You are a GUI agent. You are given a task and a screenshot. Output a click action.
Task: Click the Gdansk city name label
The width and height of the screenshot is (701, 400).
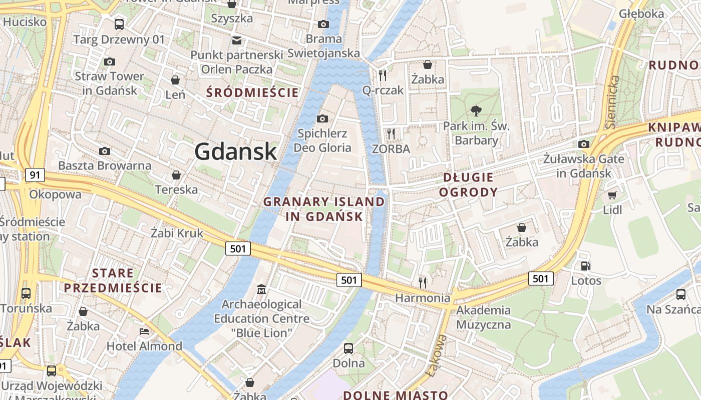coord(235,151)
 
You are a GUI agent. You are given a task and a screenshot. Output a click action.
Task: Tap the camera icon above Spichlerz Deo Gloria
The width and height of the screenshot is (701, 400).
coord(322,118)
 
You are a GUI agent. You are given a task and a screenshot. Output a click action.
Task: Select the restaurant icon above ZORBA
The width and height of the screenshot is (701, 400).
coord(391,133)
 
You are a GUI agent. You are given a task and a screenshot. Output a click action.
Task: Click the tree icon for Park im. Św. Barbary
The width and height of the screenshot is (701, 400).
coord(476,111)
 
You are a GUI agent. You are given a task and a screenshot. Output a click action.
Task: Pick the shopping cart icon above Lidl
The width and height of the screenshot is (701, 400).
coord(612,194)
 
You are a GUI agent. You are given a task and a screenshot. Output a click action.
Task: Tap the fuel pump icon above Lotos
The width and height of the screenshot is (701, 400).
coord(585,266)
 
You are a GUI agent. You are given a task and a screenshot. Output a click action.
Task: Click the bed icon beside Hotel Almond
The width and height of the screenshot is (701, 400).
coord(144,331)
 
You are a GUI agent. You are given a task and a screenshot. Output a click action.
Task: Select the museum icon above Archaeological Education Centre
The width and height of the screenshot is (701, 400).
coord(261,289)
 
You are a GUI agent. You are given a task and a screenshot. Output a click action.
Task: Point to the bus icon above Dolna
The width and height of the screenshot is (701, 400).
coord(348,348)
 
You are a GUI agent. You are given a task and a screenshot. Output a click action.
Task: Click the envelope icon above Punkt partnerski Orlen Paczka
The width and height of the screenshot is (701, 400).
coord(236,40)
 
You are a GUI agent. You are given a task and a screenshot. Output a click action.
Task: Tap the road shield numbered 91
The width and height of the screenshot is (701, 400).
coord(35,175)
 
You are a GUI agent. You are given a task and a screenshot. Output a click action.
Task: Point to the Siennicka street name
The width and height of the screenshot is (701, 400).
coord(613,102)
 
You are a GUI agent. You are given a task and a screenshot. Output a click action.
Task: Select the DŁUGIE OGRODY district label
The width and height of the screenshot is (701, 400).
coord(468,184)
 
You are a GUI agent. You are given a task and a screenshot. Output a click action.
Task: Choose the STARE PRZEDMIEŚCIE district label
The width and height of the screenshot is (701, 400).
coord(113,280)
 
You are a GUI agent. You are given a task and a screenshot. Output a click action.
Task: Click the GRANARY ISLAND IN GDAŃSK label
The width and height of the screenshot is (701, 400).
coord(324,209)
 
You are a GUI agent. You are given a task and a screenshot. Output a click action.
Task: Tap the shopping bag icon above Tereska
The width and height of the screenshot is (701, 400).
coord(176,175)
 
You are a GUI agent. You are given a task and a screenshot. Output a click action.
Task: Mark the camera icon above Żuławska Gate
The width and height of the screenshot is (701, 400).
coord(584,144)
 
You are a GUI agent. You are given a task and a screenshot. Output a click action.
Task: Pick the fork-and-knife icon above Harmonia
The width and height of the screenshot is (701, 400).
coord(423,283)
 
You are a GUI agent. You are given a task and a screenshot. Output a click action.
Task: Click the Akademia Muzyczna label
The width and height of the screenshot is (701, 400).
coord(483,317)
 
